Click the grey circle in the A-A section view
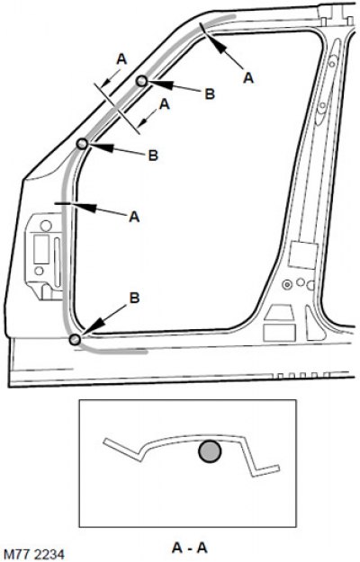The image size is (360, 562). coord(210,451)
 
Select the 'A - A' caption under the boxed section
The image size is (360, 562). coord(190,548)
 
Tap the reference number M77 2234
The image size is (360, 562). coord(34,554)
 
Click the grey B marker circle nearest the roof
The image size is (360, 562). coord(141,81)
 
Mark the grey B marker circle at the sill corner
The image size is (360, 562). coord(75,339)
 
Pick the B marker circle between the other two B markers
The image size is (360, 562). coord(82,144)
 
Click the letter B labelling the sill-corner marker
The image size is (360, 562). coord(134,299)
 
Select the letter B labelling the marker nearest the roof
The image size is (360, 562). coord(210,94)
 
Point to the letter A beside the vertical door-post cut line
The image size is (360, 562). coord(134,217)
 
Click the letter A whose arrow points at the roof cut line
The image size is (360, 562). coord(248,77)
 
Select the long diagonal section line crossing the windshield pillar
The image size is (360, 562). coord(116,108)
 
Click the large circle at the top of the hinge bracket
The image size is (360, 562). coord(46,226)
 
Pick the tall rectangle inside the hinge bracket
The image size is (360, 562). coord(41,250)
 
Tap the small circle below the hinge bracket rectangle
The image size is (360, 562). coord(40,271)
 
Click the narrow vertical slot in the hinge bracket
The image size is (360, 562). coord(57,262)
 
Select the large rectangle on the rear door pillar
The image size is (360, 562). coord(303,255)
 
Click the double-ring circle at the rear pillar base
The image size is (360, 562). coord(287,284)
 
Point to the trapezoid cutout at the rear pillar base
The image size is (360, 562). coord(279,313)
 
